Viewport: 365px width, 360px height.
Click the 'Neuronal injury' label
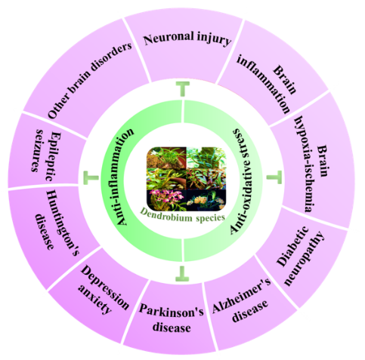point(187,39)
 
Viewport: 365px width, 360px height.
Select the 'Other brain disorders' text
point(90,80)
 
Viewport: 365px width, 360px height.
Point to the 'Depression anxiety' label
point(102,289)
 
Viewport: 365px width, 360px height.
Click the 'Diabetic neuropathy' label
point(300,256)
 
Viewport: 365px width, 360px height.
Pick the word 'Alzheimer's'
point(241,295)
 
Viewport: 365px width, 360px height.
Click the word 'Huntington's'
point(63,223)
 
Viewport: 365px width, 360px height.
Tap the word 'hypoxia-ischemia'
point(305,165)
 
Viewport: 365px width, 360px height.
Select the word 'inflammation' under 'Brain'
point(263,84)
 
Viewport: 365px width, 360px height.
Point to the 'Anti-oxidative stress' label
point(241,181)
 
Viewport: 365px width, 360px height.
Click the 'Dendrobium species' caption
point(182,216)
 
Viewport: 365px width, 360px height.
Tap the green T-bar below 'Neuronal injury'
point(183,89)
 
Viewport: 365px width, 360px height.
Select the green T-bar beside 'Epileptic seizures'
point(91,178)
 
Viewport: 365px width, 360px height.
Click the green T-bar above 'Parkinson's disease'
point(182,273)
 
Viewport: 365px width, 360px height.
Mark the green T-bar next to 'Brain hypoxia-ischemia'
point(274,177)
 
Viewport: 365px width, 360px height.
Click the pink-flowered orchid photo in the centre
point(166,200)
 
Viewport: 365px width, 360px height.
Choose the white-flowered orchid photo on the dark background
point(206,200)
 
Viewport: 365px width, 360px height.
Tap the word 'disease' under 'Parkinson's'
point(172,328)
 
